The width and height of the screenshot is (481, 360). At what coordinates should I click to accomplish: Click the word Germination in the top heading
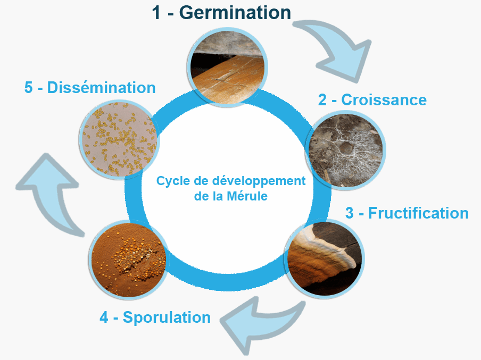click(235, 13)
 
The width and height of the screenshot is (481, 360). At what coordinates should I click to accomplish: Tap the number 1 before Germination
click(156, 13)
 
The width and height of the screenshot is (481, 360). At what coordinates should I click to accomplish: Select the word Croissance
click(384, 99)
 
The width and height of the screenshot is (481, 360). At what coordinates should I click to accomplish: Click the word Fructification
click(418, 213)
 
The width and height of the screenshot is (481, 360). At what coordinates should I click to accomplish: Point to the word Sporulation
click(167, 317)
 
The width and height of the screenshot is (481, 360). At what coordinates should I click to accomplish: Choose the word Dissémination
click(101, 87)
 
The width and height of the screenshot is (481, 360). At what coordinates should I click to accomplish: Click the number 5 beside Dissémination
click(29, 87)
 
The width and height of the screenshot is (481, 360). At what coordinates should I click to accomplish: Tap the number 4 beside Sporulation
click(104, 317)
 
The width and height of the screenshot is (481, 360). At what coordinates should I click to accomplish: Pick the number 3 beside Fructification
click(350, 213)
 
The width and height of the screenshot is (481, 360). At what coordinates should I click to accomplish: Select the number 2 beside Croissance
click(322, 100)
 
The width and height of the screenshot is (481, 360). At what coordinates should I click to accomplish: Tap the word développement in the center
click(259, 181)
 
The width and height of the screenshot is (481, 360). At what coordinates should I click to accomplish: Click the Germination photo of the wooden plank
click(227, 67)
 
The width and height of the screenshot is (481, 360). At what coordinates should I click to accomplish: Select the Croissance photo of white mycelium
click(346, 150)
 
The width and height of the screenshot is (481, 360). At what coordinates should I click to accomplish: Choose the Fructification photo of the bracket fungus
click(324, 259)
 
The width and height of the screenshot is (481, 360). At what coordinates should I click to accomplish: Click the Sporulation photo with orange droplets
click(129, 259)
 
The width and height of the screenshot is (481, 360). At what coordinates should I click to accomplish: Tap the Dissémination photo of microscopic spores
click(119, 139)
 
